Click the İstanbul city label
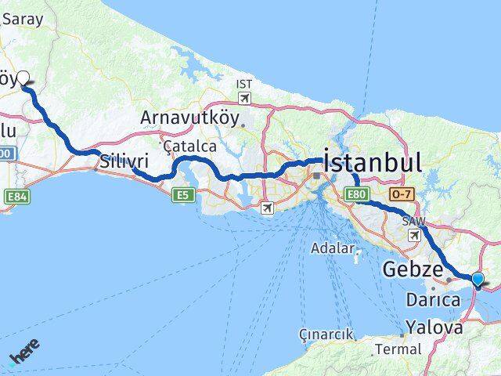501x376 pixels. (373, 163)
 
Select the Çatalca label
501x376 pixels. (190, 146)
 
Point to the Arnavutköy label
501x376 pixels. (190, 117)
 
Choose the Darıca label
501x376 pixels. (433, 299)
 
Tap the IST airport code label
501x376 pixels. (245, 83)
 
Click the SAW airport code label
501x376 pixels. (413, 222)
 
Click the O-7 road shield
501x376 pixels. (401, 193)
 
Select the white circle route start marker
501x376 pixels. (23, 78)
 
